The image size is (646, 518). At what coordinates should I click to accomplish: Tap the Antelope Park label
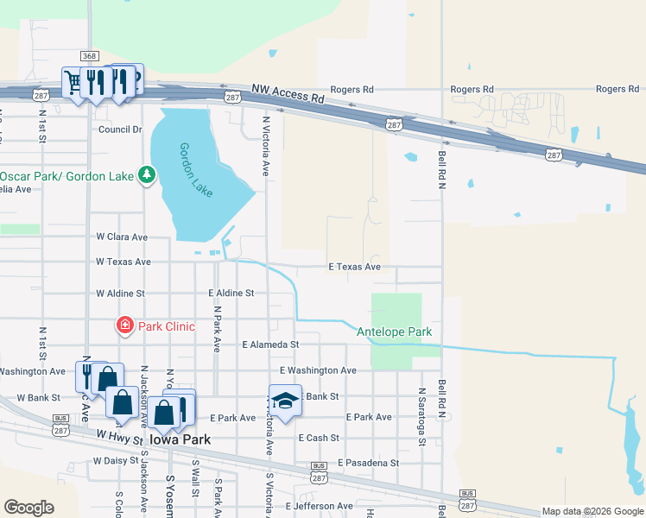(394, 332)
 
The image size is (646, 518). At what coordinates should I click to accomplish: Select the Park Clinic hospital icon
(125, 326)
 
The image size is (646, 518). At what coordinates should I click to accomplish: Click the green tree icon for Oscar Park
(147, 176)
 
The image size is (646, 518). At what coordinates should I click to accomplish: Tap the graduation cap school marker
(285, 401)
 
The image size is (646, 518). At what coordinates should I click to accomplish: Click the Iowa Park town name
(181, 439)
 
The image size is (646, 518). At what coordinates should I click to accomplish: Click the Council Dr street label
(120, 129)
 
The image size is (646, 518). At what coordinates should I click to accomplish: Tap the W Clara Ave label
(122, 237)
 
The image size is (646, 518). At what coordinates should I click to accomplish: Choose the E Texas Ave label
(354, 267)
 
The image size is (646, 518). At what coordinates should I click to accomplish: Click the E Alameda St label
(270, 344)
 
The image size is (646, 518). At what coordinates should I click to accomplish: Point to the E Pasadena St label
(368, 463)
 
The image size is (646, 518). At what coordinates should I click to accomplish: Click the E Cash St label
(319, 439)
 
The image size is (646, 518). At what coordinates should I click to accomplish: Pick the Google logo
(28, 508)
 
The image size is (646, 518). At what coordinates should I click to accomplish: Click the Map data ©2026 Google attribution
(593, 511)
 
